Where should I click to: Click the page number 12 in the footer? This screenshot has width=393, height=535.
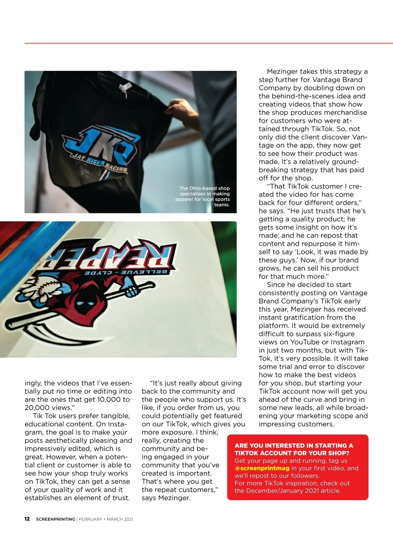pos(27,519)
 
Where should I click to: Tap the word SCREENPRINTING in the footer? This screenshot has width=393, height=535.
pos(55,519)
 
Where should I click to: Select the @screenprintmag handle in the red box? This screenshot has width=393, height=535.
pos(262,468)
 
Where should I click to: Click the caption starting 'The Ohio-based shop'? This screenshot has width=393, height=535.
pos(203,196)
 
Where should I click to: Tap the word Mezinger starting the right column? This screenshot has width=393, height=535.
pos(281,72)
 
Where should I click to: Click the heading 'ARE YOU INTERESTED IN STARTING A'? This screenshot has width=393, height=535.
pos(293,445)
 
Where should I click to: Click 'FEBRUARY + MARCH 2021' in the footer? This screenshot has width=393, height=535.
pos(106,519)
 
